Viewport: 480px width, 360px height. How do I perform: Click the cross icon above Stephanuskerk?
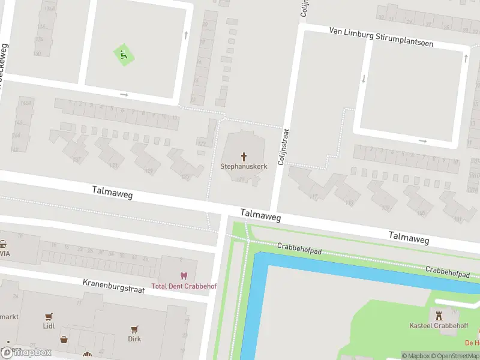[244, 155]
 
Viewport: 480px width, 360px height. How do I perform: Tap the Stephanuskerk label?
[244, 166]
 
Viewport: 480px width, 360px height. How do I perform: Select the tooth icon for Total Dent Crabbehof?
[183, 276]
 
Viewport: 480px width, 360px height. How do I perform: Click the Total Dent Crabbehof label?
[183, 286]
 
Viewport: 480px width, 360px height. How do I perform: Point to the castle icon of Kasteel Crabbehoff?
[438, 314]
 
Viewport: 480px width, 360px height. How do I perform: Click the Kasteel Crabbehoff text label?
[438, 325]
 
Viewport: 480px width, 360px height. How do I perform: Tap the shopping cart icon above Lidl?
[49, 316]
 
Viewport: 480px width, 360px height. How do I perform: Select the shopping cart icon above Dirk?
[134, 328]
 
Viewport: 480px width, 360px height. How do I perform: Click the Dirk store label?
[134, 339]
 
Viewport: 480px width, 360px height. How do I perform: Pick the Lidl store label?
[49, 326]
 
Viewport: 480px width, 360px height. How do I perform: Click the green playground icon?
[124, 56]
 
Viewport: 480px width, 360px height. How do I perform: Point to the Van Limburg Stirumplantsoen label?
[381, 37]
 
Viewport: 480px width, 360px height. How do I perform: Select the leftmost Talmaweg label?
[112, 192]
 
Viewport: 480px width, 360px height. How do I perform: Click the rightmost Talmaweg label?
[409, 237]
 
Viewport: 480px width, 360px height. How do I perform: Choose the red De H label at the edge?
[472, 343]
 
